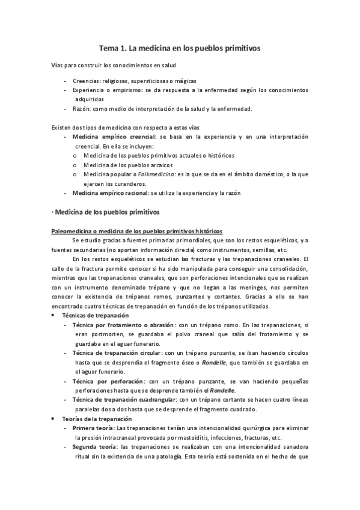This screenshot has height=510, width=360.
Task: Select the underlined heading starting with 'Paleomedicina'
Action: [x=137, y=231]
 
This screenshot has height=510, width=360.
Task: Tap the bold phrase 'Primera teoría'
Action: [x=93, y=428]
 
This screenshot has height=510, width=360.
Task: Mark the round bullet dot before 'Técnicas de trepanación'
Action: [x=56, y=315]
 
